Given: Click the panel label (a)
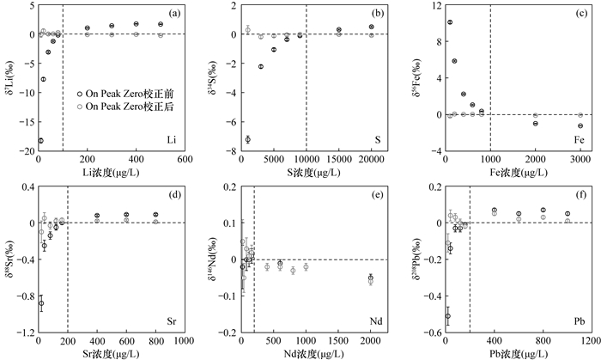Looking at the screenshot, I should pyautogui.click(x=174, y=14).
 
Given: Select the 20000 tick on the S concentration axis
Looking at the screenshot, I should pyautogui.click(x=371, y=160).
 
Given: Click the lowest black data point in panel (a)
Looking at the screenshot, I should pyautogui.click(x=40, y=140).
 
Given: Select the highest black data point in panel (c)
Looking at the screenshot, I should pyautogui.click(x=450, y=22).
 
